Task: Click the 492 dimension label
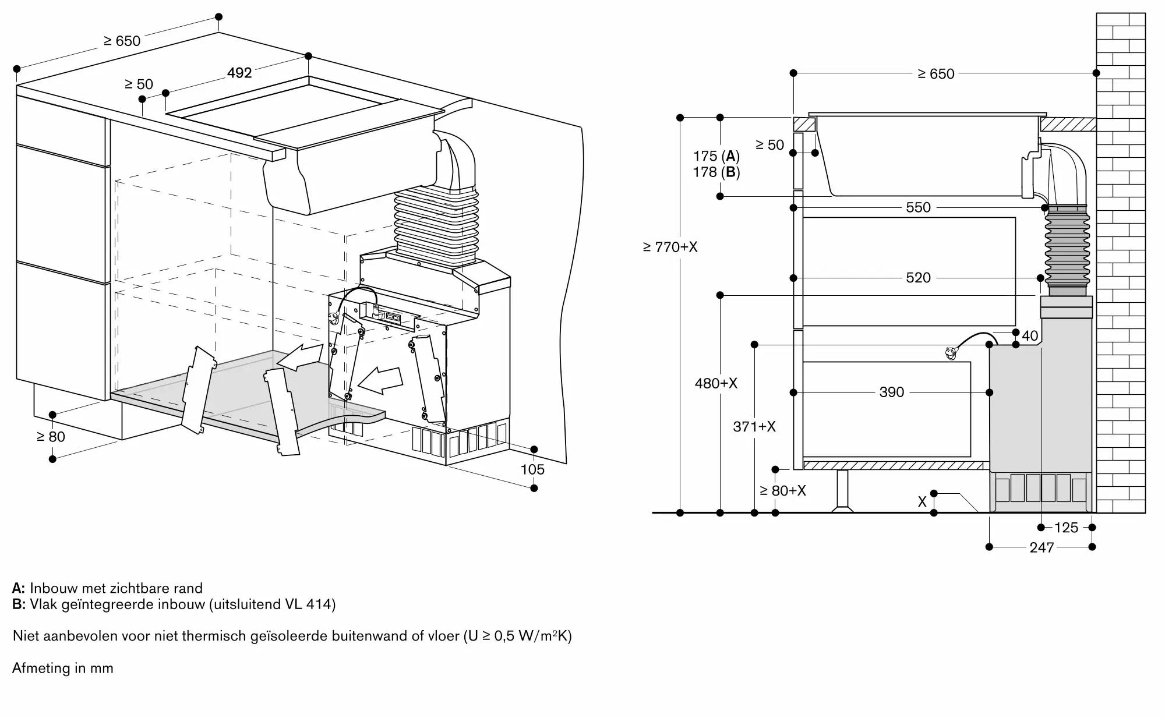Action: [239, 73]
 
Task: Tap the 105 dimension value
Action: [532, 469]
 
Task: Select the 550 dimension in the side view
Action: [918, 207]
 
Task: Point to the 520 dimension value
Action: [918, 278]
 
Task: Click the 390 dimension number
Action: [892, 392]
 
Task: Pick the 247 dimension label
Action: [1042, 547]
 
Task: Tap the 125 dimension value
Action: [1066, 528]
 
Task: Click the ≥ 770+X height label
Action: [670, 247]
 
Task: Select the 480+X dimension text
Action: [716, 383]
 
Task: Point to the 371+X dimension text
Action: [754, 427]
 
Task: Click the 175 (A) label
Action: [716, 156]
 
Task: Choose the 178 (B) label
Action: [716, 172]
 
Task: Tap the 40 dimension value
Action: [1030, 335]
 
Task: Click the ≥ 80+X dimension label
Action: [783, 491]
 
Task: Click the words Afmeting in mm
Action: [63, 669]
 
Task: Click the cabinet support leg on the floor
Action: [842, 491]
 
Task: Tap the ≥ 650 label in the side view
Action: [936, 74]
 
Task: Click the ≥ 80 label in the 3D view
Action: [51, 437]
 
